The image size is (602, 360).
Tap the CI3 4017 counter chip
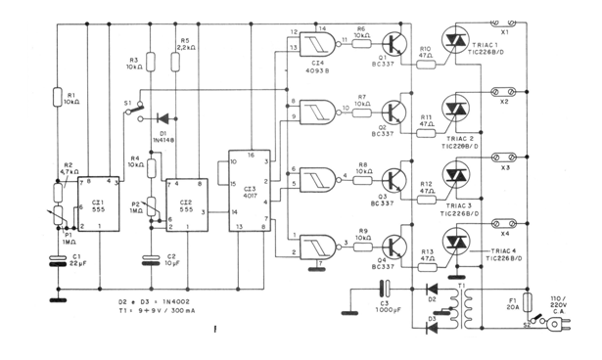point(248,192)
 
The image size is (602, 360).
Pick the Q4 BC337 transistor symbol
point(394,245)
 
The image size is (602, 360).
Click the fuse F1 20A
point(529,302)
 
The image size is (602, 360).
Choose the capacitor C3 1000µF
point(385,291)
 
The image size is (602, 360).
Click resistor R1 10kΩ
point(54,97)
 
